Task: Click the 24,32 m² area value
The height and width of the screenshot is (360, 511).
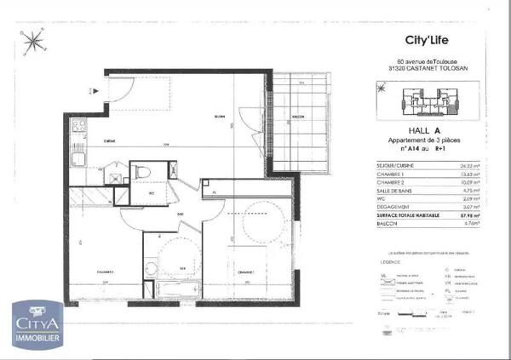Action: click(468, 166)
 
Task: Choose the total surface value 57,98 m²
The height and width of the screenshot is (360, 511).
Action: click(468, 217)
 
